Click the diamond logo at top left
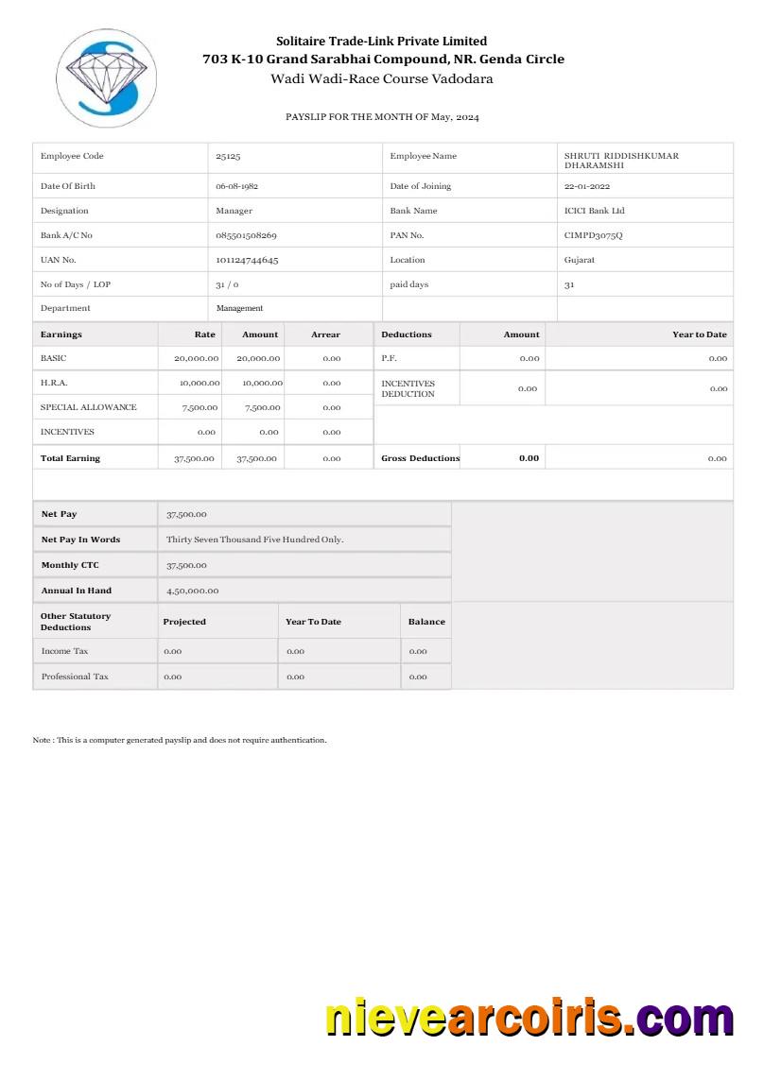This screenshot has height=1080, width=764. (x=106, y=77)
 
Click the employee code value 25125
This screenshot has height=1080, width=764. (x=228, y=156)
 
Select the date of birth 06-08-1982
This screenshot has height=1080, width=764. (x=236, y=186)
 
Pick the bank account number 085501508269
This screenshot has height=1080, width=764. (x=246, y=235)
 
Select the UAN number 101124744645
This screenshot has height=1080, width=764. (x=247, y=260)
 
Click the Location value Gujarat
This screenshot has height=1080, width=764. (x=580, y=260)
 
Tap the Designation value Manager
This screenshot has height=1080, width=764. (x=234, y=211)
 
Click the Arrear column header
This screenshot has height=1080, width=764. (x=325, y=334)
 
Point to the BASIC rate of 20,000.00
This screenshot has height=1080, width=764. (x=196, y=359)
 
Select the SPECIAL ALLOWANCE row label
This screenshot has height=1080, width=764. (x=88, y=407)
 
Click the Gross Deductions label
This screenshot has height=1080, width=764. (x=420, y=458)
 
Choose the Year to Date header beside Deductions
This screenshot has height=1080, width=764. (x=699, y=334)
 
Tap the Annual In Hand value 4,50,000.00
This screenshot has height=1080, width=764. (x=192, y=591)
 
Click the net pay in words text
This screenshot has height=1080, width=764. (x=254, y=540)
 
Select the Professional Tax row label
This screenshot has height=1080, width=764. (x=75, y=677)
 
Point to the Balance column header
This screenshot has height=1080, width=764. (x=426, y=622)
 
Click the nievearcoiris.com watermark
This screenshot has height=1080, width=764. (x=530, y=1020)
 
